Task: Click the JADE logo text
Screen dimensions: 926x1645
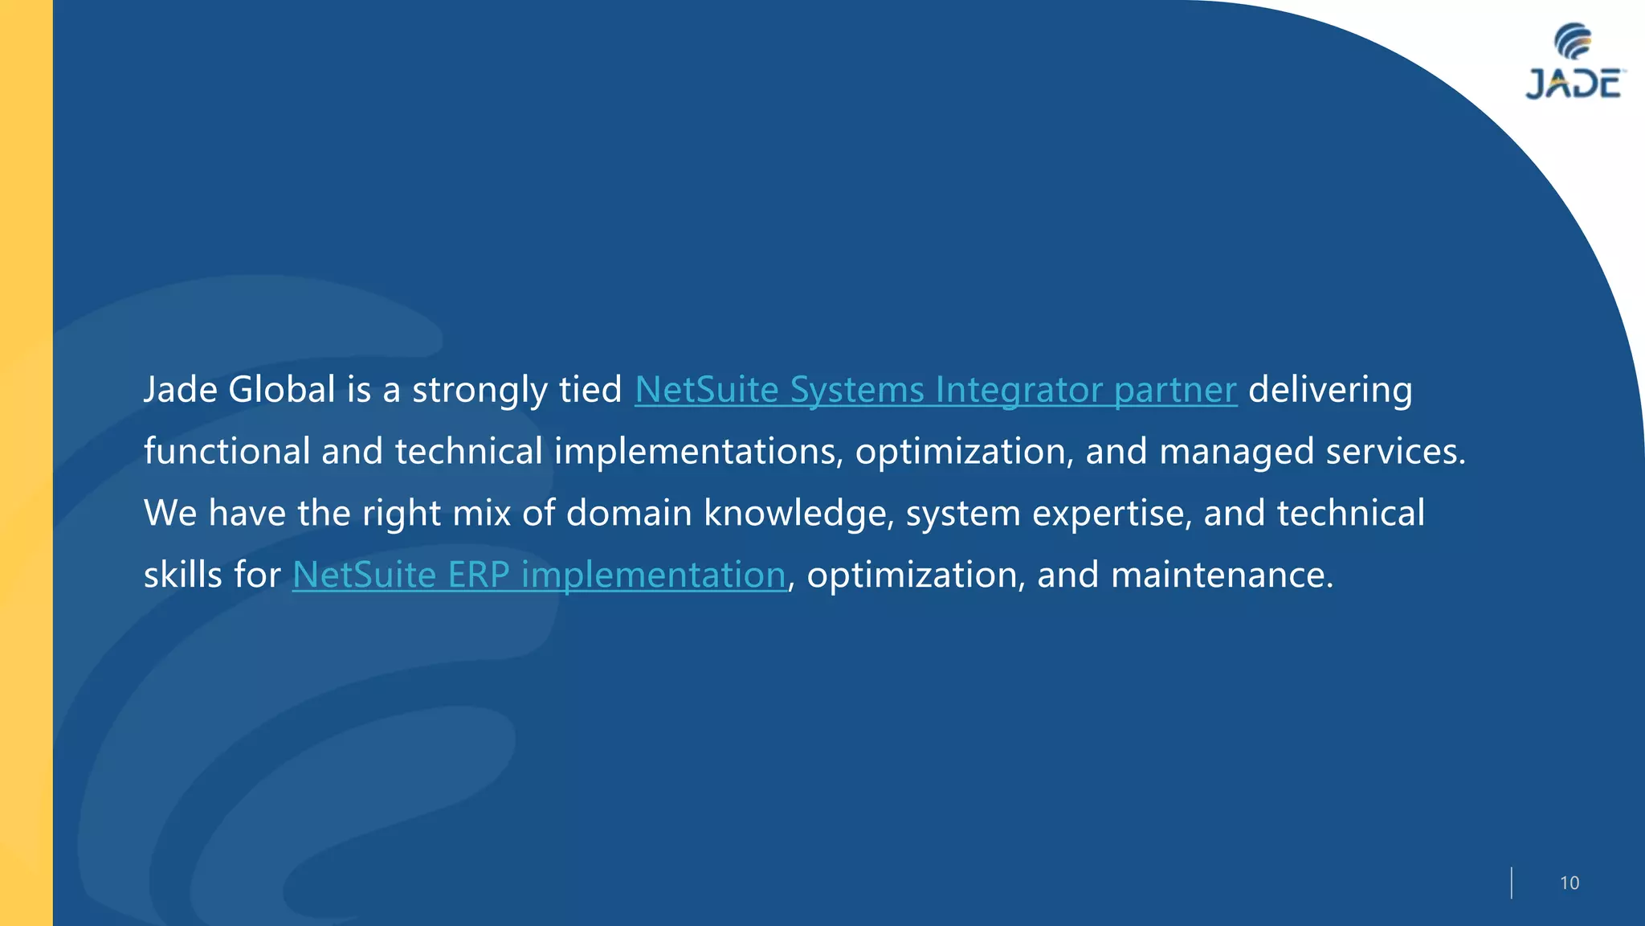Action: tap(1573, 84)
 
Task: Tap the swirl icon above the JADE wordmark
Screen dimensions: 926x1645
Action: tap(1573, 41)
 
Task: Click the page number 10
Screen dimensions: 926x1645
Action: tap(1569, 883)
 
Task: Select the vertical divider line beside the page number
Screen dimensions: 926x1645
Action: tap(1511, 883)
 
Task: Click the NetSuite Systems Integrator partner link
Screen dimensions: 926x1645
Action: tap(935, 390)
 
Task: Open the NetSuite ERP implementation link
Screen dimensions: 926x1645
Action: tap(538, 575)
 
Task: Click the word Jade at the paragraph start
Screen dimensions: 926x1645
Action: tap(181, 390)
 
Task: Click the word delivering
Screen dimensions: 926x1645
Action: tap(1329, 390)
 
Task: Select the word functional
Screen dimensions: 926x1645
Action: tap(227, 451)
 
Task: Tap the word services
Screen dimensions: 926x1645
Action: tap(1395, 452)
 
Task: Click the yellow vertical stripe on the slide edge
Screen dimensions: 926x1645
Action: tap(26, 463)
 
